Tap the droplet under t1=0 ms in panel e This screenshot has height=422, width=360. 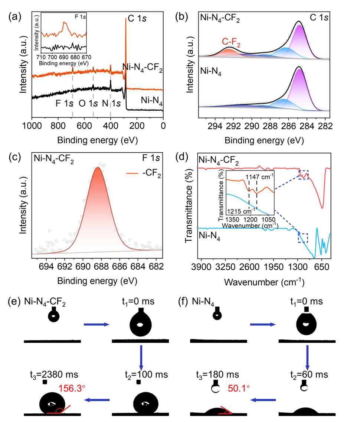click(140, 325)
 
